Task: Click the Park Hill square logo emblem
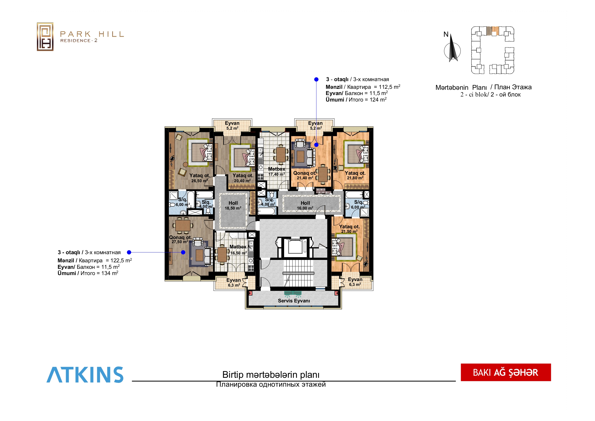[45, 36]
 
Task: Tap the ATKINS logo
[85, 375]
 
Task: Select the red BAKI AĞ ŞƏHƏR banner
[506, 372]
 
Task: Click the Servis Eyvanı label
[294, 301]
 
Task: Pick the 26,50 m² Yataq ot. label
[200, 178]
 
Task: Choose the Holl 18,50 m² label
[233, 205]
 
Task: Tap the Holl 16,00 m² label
[305, 205]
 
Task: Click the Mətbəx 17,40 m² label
[277, 171]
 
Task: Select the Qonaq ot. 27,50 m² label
[180, 239]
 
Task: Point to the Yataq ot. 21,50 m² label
[349, 229]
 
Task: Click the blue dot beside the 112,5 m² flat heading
[316, 79]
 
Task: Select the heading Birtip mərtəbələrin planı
[271, 375]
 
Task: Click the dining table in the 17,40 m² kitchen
[280, 155]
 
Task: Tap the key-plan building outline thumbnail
[492, 50]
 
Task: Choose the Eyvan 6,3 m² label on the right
[355, 282]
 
